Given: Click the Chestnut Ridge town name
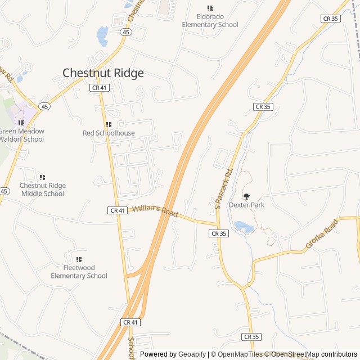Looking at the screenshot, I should click(103, 73).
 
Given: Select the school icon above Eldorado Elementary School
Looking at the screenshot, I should click(210, 8).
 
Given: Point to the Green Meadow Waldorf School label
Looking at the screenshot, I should click(21, 136).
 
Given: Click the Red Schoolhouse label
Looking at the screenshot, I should click(109, 133).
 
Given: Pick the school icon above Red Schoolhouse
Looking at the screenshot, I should click(109, 124).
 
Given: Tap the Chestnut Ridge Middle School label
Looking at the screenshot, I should click(43, 190).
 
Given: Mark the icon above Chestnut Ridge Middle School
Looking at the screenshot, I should click(42, 177).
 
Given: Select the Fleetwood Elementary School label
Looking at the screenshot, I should click(79, 272).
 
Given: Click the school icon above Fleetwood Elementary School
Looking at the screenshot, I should click(79, 259).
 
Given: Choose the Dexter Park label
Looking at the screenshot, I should click(246, 205).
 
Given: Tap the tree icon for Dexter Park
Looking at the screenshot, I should click(246, 196).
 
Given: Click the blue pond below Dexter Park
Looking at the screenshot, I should click(242, 227).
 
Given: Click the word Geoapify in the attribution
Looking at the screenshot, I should click(192, 354).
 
